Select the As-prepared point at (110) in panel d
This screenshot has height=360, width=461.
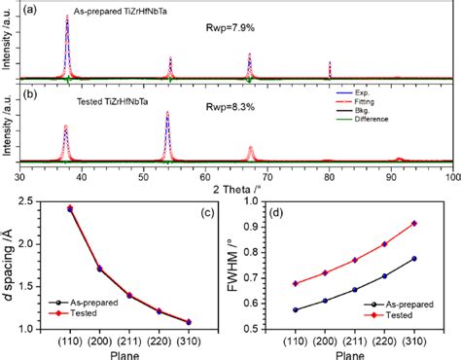296,309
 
